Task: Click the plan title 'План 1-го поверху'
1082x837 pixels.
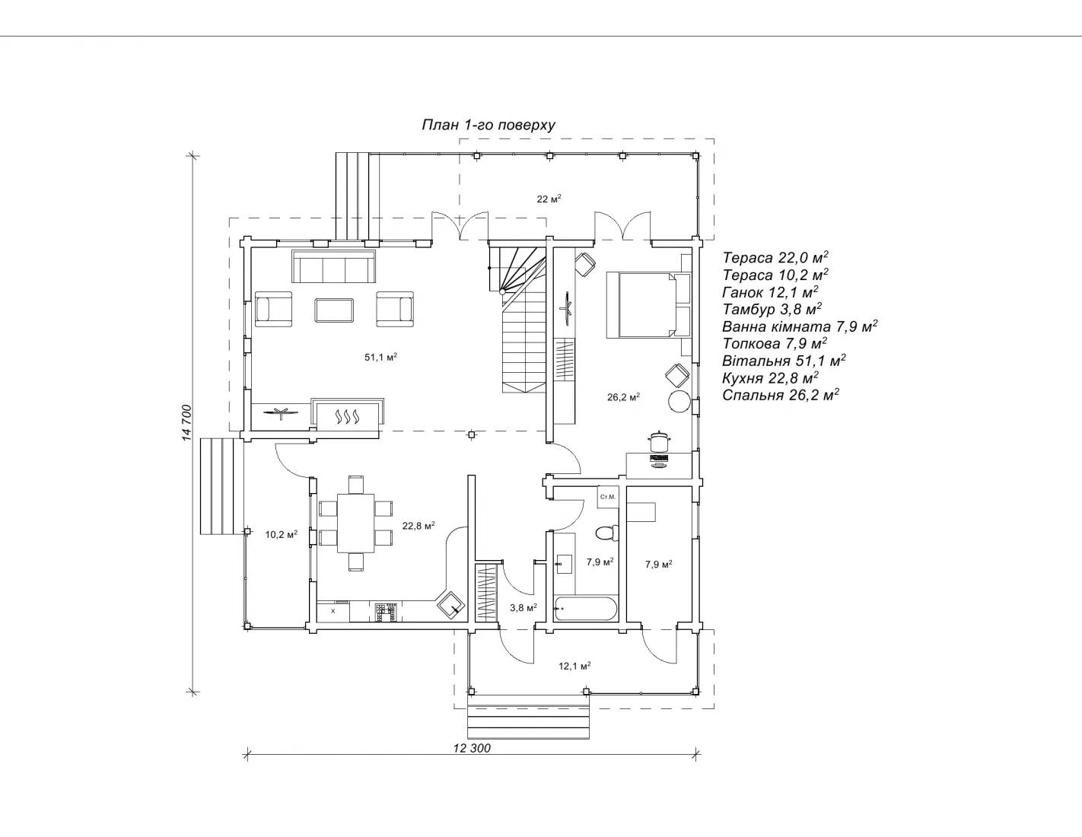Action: [x=488, y=126]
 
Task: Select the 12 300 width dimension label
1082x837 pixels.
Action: [x=472, y=748]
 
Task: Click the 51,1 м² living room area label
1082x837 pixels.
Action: [x=380, y=357]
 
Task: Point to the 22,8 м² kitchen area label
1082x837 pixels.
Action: [x=418, y=526]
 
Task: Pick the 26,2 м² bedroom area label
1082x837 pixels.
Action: [x=622, y=396]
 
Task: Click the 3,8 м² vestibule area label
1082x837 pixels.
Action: [x=523, y=607]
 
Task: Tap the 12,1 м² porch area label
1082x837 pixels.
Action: [x=574, y=666]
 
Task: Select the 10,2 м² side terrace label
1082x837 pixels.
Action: [x=281, y=534]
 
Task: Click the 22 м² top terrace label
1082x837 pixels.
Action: [x=549, y=199]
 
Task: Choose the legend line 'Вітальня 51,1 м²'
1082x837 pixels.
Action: [x=784, y=361]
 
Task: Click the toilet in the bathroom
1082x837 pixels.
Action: [x=606, y=532]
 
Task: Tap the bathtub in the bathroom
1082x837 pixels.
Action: [x=585, y=609]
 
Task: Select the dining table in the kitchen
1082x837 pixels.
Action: [x=356, y=523]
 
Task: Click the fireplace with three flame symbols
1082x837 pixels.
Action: [x=347, y=417]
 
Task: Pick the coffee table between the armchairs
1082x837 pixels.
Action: [x=334, y=310]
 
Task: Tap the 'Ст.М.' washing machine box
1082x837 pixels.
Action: [x=607, y=497]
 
